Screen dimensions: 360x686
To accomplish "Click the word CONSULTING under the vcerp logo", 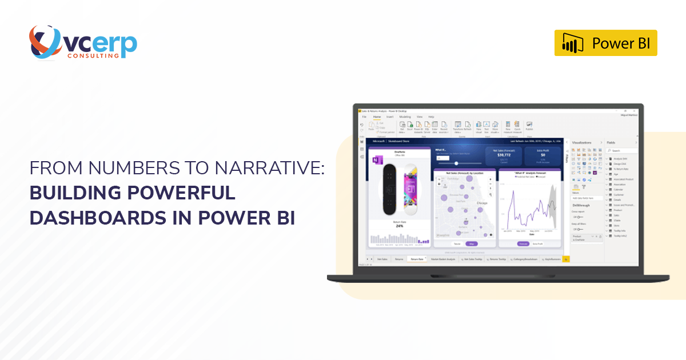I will point(93,56).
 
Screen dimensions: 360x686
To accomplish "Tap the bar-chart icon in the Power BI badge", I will point(572,43).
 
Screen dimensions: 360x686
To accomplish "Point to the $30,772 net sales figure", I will point(504,154).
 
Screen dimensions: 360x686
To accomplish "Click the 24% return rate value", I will point(399,226).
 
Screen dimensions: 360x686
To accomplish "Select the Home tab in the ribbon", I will point(377,117).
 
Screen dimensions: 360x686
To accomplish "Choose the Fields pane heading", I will point(611,142).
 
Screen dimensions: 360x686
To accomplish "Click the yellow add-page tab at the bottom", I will point(566,259).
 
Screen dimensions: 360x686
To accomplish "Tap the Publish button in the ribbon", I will point(529,126).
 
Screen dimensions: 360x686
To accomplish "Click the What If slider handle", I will point(456,163).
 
